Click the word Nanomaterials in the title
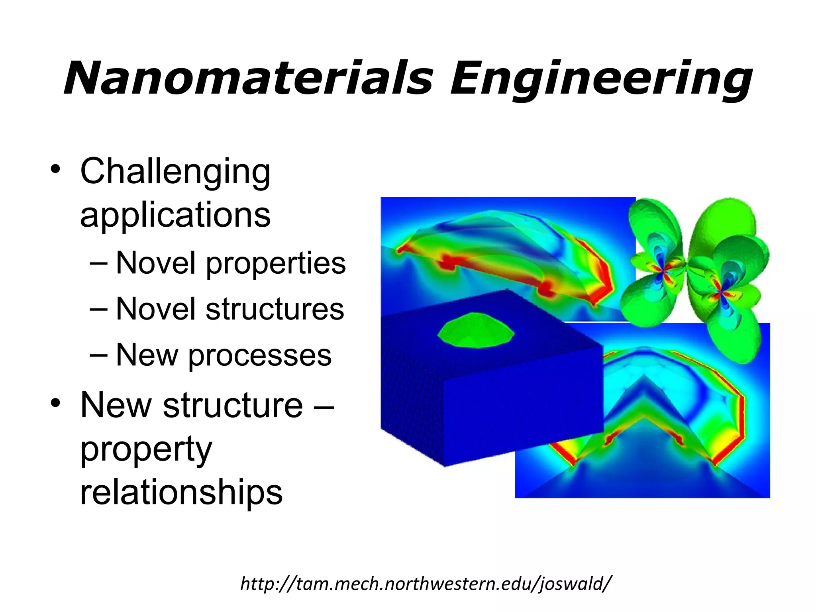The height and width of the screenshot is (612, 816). coord(248,78)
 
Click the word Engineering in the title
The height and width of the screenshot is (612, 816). coord(601,78)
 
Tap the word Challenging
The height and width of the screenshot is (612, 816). coord(175,172)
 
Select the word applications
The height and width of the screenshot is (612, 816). coord(175,215)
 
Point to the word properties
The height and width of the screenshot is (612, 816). coord(276,264)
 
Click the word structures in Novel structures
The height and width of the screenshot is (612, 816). coord(275,309)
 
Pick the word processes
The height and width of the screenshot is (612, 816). coord(260,355)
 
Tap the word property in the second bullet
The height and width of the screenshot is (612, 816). coord(146,449)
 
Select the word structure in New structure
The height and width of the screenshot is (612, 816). coord(233,405)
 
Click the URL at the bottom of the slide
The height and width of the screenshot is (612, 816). coord(425,584)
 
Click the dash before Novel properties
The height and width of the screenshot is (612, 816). coord(99,263)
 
